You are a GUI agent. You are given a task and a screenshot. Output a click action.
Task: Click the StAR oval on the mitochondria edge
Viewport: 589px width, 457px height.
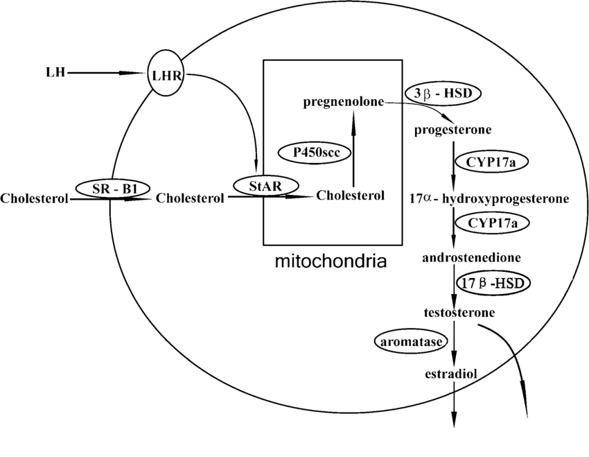click(x=266, y=185)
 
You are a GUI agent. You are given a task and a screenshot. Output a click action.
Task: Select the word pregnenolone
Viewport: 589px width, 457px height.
click(x=343, y=103)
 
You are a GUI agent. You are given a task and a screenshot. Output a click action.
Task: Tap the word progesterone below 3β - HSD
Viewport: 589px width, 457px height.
click(x=452, y=130)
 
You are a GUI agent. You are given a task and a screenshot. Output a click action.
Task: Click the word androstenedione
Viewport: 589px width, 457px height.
click(x=472, y=257)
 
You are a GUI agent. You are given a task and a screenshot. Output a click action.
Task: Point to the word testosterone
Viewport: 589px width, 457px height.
click(x=459, y=312)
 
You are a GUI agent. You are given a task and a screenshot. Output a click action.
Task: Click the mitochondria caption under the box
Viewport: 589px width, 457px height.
click(x=330, y=262)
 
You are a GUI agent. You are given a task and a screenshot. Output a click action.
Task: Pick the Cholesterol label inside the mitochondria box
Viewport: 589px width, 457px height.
click(x=350, y=196)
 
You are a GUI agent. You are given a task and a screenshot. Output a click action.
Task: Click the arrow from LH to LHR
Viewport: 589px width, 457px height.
click(x=104, y=72)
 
